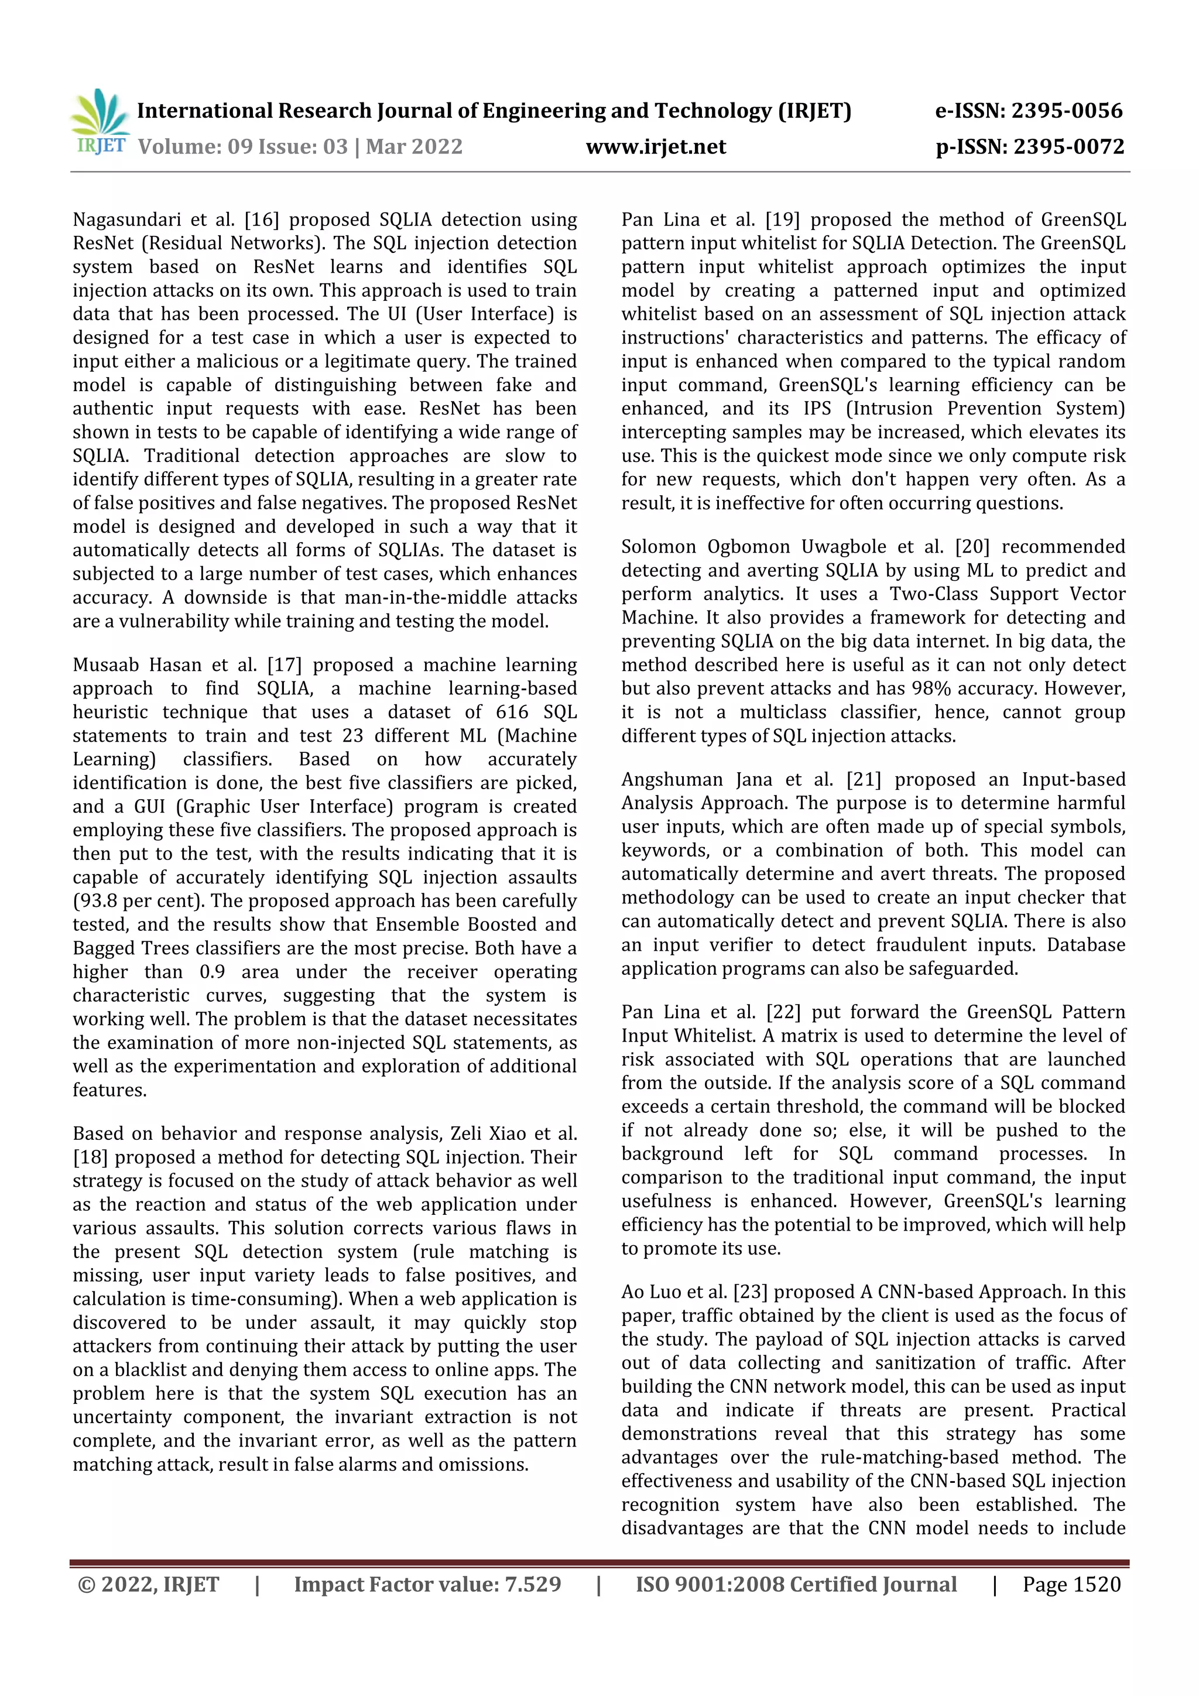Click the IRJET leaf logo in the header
[x=100, y=121]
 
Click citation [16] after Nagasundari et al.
[x=261, y=220]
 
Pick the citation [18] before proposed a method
[x=90, y=1157]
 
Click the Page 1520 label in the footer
[x=1071, y=1584]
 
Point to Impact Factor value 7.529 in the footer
[x=427, y=1584]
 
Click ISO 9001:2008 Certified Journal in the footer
[x=796, y=1584]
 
